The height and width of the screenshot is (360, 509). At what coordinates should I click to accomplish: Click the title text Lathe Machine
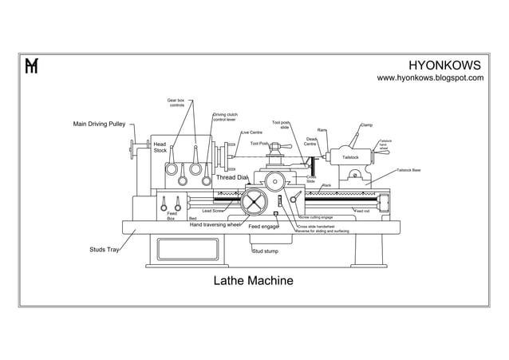pyautogui.click(x=253, y=281)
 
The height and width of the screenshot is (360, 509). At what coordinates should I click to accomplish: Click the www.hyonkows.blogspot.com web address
pyautogui.click(x=430, y=78)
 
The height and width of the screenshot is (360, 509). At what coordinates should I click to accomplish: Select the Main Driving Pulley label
pyautogui.click(x=100, y=125)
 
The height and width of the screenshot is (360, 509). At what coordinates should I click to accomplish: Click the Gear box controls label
pyautogui.click(x=176, y=103)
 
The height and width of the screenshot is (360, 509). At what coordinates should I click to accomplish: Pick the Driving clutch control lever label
pyautogui.click(x=225, y=117)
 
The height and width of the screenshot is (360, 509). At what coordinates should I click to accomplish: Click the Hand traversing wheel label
pyautogui.click(x=215, y=225)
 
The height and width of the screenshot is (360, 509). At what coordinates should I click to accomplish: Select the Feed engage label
pyautogui.click(x=263, y=227)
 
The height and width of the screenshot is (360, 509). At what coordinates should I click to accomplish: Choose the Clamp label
pyautogui.click(x=366, y=125)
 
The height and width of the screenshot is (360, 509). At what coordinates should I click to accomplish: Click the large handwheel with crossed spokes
pyautogui.click(x=256, y=200)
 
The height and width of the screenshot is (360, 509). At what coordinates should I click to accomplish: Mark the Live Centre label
pyautogui.click(x=251, y=133)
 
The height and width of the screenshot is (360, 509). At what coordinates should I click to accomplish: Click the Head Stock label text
pyautogui.click(x=160, y=147)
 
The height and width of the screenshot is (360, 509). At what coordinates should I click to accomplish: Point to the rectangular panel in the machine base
pyautogui.click(x=192, y=249)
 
